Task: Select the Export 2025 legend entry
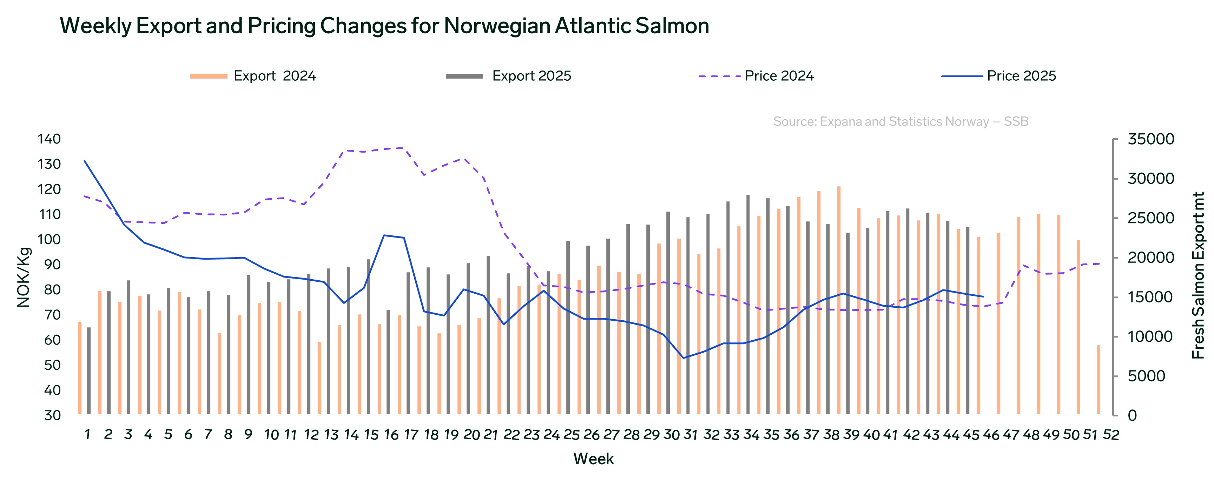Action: [531, 76]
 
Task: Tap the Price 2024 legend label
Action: [779, 76]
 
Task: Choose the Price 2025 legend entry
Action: [1021, 76]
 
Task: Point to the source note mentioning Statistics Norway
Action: [900, 121]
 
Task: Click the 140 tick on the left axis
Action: [49, 139]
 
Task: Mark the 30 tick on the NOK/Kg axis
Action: [52, 415]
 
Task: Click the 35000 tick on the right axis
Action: [1150, 139]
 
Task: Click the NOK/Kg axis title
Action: [24, 278]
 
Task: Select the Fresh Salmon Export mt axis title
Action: [1197, 275]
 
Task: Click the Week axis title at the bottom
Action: [593, 459]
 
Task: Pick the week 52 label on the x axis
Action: [1111, 435]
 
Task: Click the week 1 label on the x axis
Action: [87, 435]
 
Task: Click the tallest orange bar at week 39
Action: [838, 301]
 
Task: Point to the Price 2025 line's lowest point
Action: [683, 358]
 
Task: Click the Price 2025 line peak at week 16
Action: [384, 235]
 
